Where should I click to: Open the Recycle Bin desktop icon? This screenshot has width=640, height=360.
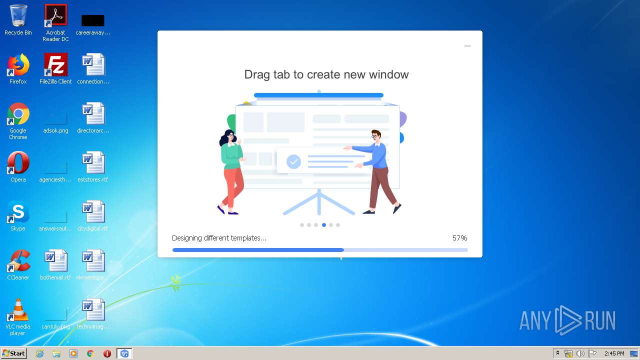click(18, 16)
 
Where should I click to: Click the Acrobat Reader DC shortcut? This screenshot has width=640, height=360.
click(55, 16)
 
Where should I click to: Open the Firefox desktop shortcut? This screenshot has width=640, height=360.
click(18, 65)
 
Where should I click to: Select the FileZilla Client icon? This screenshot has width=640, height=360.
click(55, 65)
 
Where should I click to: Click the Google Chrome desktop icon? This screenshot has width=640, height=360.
click(18, 114)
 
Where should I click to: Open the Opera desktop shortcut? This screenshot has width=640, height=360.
click(18, 163)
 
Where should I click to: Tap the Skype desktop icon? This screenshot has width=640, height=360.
click(18, 212)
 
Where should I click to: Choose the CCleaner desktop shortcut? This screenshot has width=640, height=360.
click(18, 261)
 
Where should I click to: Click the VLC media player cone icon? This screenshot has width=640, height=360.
click(18, 310)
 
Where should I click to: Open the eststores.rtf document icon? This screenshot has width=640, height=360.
click(93, 163)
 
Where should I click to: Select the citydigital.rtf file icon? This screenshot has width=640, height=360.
click(93, 212)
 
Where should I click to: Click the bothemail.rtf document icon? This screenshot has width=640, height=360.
click(55, 261)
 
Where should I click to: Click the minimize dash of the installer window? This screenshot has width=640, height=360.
click(467, 46)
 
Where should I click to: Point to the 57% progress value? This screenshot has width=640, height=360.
click(459, 238)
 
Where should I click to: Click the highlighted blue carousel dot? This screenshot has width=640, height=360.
click(324, 225)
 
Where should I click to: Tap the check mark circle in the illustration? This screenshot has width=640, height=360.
click(293, 161)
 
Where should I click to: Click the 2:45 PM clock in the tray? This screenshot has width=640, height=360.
click(614, 353)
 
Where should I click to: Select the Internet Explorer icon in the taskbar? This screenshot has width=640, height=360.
click(40, 353)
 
